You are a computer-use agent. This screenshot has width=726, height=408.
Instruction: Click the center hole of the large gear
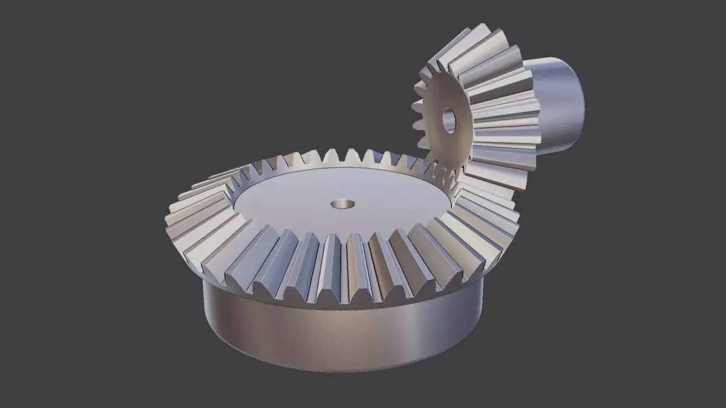point(342,204)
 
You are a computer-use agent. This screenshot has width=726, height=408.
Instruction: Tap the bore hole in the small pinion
point(449,120)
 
